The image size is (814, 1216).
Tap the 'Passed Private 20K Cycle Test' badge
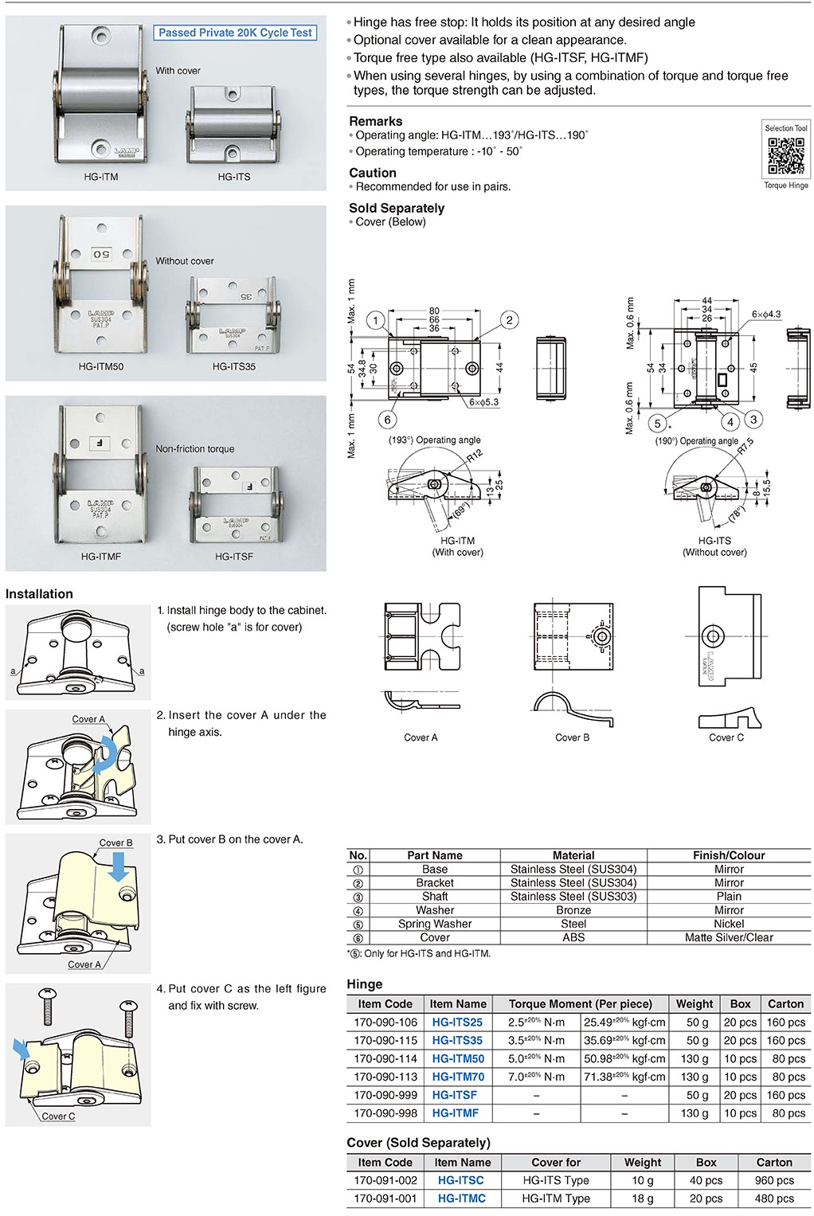tap(236, 33)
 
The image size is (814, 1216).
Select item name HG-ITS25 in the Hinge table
tap(457, 1022)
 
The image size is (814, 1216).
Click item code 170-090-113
tap(385, 1077)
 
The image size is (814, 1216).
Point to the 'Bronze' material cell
tap(573, 910)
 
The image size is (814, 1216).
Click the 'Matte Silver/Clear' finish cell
tap(729, 937)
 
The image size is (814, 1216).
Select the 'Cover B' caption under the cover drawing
tap(572, 737)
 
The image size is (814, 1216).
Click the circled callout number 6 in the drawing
tap(388, 420)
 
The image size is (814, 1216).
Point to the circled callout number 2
tap(510, 320)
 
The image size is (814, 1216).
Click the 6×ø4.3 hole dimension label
tap(766, 315)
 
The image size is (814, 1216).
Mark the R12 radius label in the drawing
tap(474, 456)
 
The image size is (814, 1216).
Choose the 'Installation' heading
tap(39, 593)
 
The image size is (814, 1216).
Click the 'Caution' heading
tap(372, 172)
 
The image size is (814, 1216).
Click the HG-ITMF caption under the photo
tap(101, 556)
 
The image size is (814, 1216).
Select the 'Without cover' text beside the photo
tap(185, 260)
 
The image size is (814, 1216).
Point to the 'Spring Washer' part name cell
tap(435, 924)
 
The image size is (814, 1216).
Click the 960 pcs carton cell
tap(774, 1180)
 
